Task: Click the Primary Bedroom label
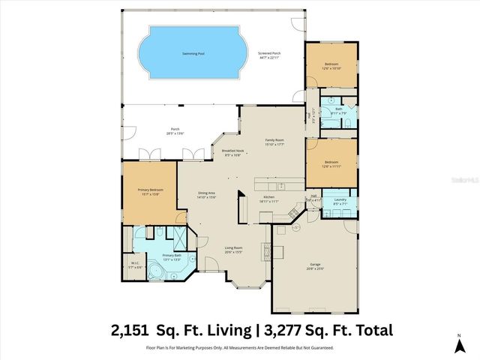click(x=151, y=190)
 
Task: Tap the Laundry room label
click(x=340, y=199)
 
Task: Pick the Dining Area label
click(x=207, y=193)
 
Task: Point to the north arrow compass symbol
click(x=458, y=344)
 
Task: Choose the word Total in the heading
click(x=368, y=329)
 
